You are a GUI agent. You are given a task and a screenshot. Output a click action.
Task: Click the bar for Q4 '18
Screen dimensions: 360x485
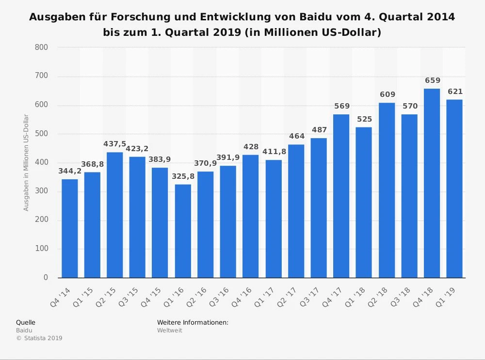(x=432, y=183)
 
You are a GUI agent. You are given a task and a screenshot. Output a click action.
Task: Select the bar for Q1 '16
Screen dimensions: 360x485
(x=183, y=231)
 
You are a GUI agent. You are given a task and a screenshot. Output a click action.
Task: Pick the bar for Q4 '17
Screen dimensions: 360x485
(x=341, y=196)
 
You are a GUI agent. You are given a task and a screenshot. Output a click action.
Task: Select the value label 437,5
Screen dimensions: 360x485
(x=115, y=144)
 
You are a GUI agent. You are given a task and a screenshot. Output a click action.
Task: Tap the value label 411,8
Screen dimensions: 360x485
(x=274, y=152)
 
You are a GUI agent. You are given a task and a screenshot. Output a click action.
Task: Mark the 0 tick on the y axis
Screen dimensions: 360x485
(x=46, y=278)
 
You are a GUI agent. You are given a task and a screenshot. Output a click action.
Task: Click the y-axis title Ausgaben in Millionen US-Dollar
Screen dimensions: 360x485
(x=27, y=162)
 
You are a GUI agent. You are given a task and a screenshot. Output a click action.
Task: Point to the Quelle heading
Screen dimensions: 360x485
(x=26, y=322)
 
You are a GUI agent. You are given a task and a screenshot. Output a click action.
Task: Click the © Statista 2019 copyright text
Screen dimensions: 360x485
(x=39, y=338)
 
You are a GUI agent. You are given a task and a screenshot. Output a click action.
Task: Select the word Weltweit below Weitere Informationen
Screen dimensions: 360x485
(x=170, y=330)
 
